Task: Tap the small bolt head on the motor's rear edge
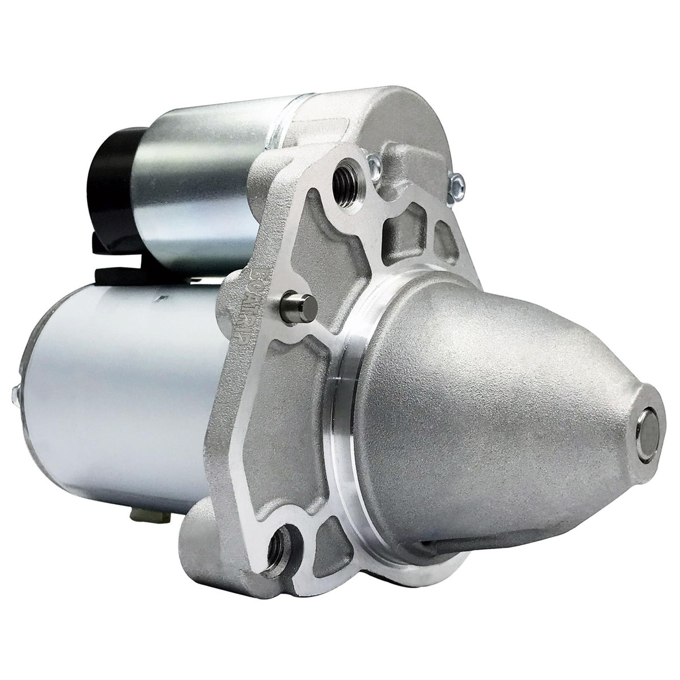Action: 15,393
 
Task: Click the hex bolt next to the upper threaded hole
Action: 374,165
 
